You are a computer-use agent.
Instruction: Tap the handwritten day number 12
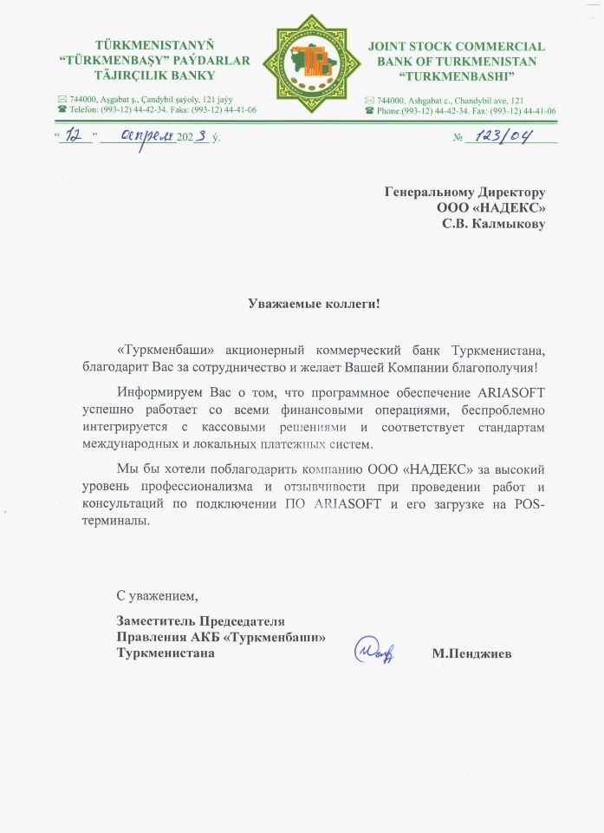pyautogui.click(x=78, y=136)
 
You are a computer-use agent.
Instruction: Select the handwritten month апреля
pyautogui.click(x=137, y=136)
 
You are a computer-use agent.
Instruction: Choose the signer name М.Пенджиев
pyautogui.click(x=471, y=653)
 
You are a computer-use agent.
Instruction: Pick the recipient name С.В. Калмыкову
pyautogui.click(x=495, y=224)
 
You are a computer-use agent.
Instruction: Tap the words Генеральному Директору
pyautogui.click(x=465, y=193)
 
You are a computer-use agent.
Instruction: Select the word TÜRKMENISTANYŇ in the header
pyautogui.click(x=154, y=45)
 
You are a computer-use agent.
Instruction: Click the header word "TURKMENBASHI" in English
pyautogui.click(x=456, y=75)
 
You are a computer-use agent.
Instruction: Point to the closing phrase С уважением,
pyautogui.click(x=157, y=596)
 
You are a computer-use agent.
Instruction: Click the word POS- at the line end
pyautogui.click(x=529, y=506)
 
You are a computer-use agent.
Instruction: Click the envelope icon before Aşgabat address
pyautogui.click(x=62, y=101)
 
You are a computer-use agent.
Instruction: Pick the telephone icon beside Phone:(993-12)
pyautogui.click(x=370, y=111)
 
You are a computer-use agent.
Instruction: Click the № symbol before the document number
pyautogui.click(x=458, y=138)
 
